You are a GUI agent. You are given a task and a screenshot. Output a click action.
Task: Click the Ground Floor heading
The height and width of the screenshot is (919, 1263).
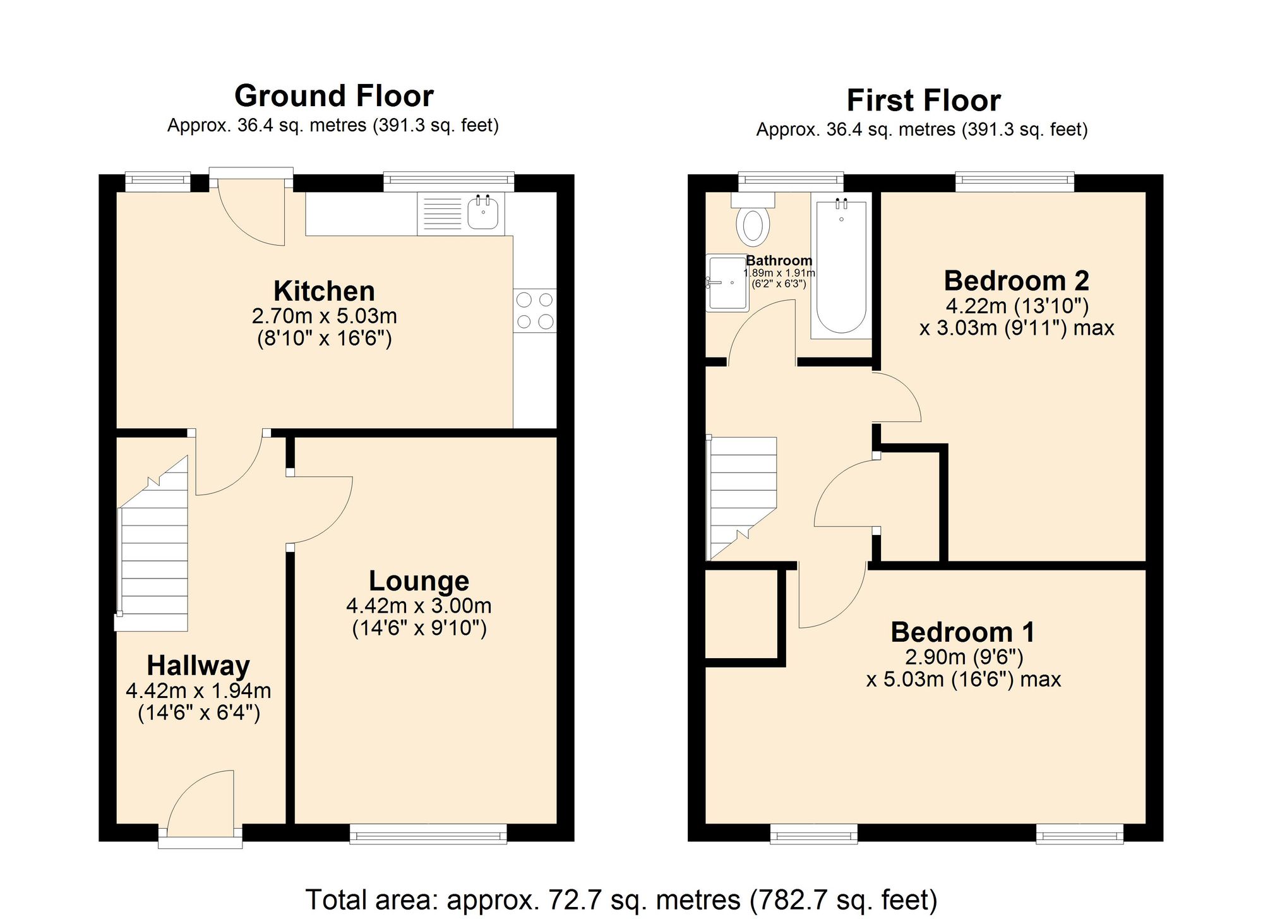(x=333, y=97)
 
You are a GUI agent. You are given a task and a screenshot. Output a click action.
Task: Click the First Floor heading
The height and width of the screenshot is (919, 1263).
(x=923, y=101)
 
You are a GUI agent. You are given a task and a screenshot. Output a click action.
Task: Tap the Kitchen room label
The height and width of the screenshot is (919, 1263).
(x=324, y=291)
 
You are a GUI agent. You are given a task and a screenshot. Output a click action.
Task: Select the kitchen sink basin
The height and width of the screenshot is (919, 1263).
(x=483, y=213)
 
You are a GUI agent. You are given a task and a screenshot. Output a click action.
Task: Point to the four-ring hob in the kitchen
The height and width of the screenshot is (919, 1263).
(x=535, y=311)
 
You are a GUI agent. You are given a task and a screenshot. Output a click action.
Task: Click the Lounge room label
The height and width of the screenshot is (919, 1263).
(x=419, y=581)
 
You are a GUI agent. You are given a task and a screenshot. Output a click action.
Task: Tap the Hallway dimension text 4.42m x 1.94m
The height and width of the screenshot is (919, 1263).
(x=198, y=690)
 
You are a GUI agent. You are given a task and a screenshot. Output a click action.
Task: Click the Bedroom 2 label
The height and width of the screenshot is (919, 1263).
(x=1016, y=280)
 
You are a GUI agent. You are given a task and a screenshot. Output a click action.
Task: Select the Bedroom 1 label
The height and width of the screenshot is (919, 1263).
(x=962, y=632)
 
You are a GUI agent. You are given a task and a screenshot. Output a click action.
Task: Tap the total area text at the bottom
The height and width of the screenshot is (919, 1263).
(x=621, y=899)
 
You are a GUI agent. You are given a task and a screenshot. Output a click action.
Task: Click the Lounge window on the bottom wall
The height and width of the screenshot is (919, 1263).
(x=428, y=834)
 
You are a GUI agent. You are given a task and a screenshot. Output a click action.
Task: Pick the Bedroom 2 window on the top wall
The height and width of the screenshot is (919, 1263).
(x=1014, y=182)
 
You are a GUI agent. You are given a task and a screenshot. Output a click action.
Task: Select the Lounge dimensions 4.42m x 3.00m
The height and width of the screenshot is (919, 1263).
(x=419, y=606)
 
